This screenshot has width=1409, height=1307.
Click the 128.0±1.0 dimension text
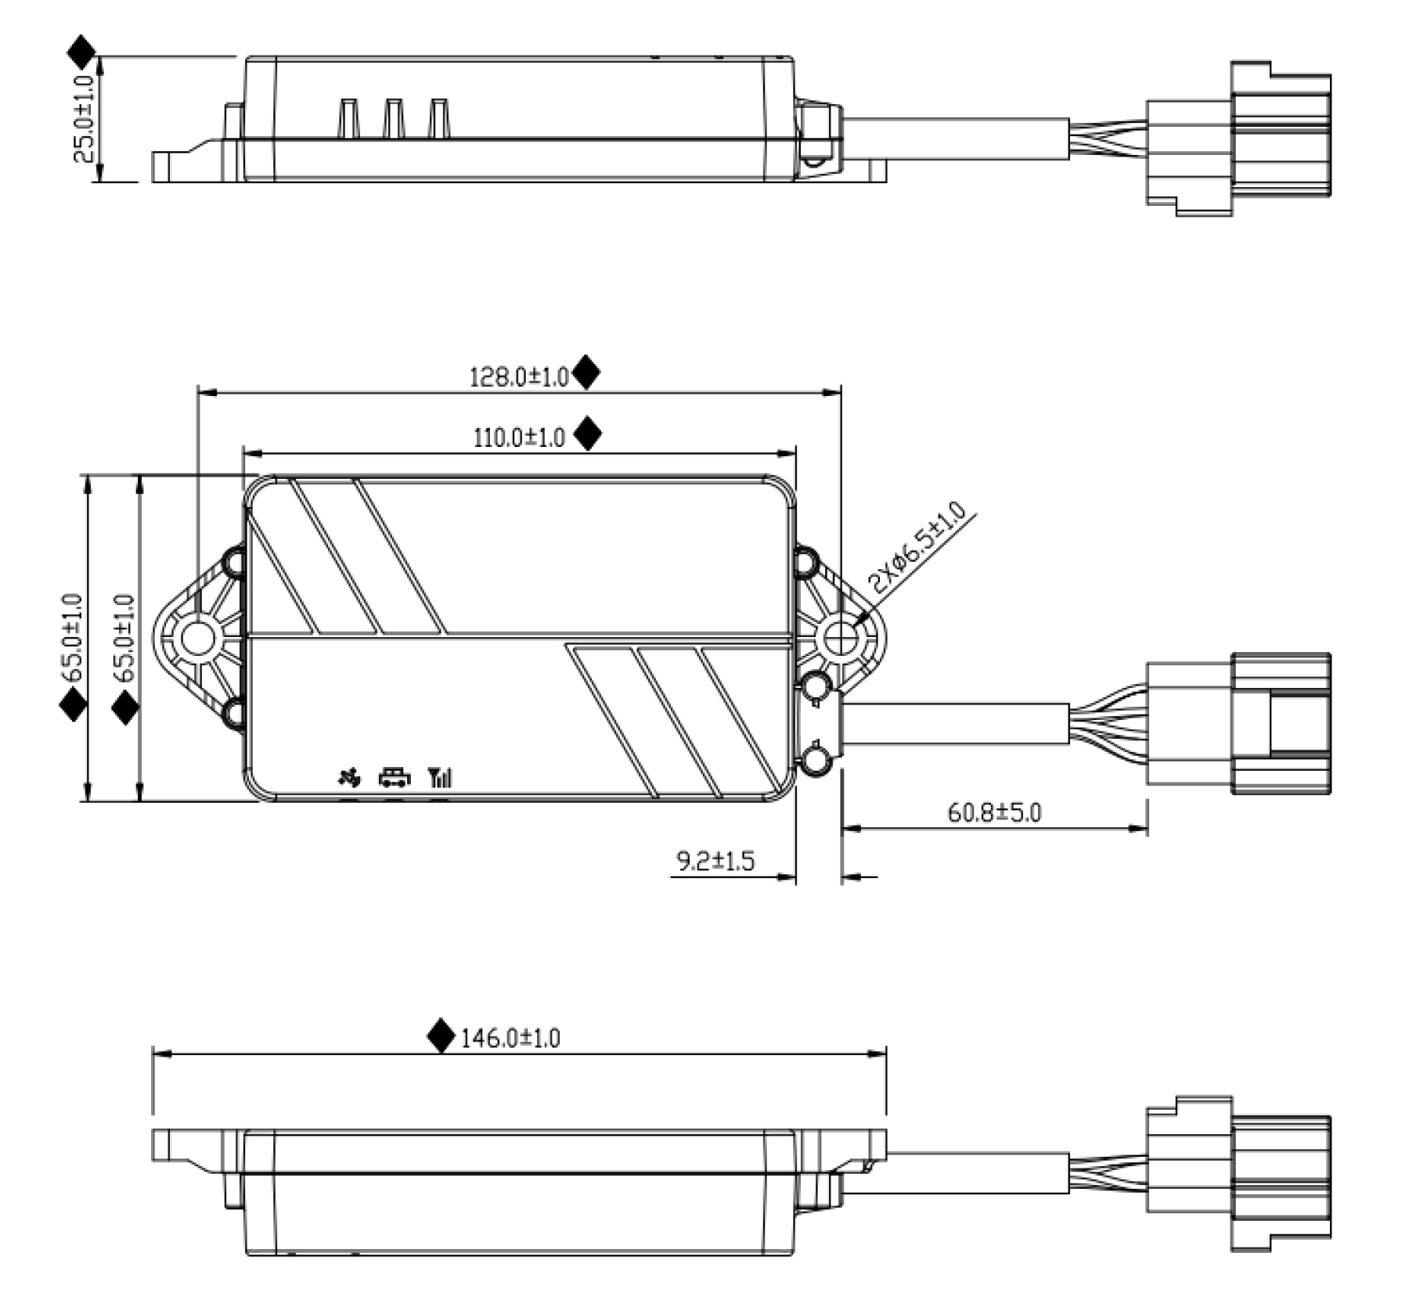pos(518,377)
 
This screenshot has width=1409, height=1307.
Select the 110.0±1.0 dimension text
pos(519,437)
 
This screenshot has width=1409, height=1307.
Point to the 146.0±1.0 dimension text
pos(510,1039)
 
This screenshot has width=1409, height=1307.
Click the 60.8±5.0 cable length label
pos(994,812)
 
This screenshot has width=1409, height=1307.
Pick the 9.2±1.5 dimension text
pos(715,862)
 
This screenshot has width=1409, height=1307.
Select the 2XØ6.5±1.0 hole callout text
pos(917,548)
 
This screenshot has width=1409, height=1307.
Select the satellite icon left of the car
pos(349,777)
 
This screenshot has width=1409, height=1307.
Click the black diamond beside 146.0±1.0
pos(441,1035)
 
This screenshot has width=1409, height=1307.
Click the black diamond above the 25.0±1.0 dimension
pos(81,51)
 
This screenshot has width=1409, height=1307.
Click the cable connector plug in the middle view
pos(1237,724)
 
